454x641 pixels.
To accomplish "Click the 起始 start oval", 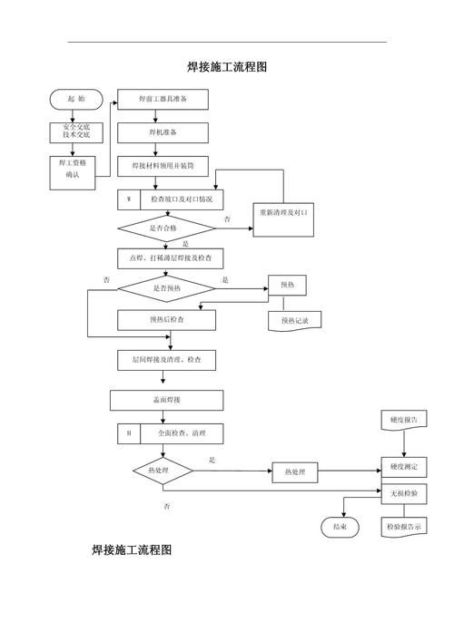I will click(x=76, y=98).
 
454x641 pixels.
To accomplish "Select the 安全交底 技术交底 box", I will click(x=76, y=132).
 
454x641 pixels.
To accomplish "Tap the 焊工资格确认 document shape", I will click(x=75, y=168).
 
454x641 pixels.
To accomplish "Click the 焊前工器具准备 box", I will click(x=163, y=99).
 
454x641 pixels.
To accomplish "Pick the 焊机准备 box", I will click(x=163, y=132).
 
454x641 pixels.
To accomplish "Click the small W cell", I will click(x=128, y=199).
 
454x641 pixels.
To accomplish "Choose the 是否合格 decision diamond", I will click(x=166, y=228).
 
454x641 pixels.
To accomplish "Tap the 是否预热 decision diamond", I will click(x=166, y=288).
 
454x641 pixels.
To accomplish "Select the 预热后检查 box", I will click(x=166, y=319).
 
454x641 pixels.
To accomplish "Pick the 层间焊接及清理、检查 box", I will click(x=166, y=360).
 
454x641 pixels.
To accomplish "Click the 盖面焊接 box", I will click(x=166, y=400).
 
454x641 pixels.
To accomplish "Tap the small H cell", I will click(x=128, y=433).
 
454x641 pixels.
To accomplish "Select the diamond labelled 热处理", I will click(x=163, y=471).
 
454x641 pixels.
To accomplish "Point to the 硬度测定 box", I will click(x=403, y=466).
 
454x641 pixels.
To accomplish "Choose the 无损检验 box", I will click(x=403, y=493).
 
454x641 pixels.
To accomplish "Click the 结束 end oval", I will click(x=340, y=527).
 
